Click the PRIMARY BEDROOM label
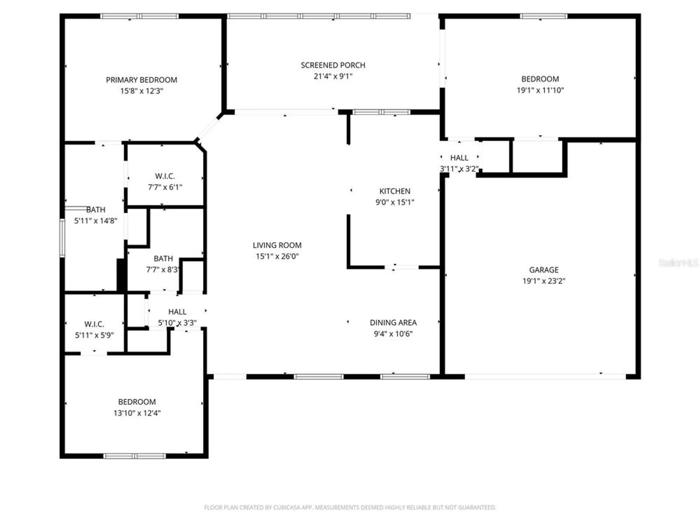point(141,80)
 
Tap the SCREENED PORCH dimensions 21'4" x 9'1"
point(333,76)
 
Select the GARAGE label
point(544,270)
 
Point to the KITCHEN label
point(394,191)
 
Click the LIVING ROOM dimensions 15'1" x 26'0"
point(277,256)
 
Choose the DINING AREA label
point(393,322)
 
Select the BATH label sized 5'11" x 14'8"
point(96,210)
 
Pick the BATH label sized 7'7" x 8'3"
point(163,259)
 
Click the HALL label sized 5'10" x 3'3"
point(177,311)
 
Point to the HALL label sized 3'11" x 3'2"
point(459,158)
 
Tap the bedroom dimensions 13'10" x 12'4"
point(137,413)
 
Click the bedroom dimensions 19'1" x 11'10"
point(540,90)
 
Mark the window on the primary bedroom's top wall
point(139,16)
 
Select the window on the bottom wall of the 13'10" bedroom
point(134,456)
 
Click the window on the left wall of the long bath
point(62,238)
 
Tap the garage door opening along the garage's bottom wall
point(545,377)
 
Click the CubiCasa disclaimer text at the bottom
point(350,507)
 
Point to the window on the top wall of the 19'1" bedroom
point(543,16)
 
